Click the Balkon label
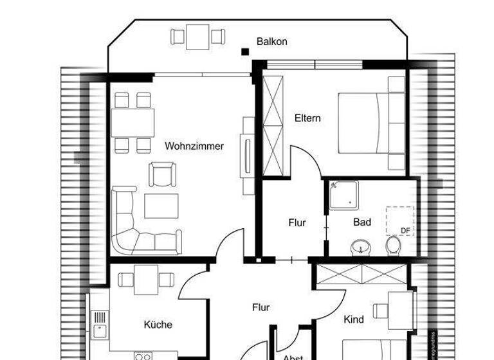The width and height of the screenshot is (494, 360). coord(271,42)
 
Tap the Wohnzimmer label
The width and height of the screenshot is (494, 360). coord(194,147)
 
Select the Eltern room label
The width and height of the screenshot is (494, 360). coord(307,119)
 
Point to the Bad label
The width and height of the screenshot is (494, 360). coord(362,222)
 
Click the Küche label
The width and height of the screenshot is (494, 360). coord(158,325)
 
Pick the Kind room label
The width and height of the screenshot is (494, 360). coord(354,319)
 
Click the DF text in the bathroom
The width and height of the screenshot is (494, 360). coord(405,230)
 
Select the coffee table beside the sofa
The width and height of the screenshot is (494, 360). coord(161,206)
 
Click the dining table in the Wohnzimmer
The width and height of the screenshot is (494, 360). coord(133,122)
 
